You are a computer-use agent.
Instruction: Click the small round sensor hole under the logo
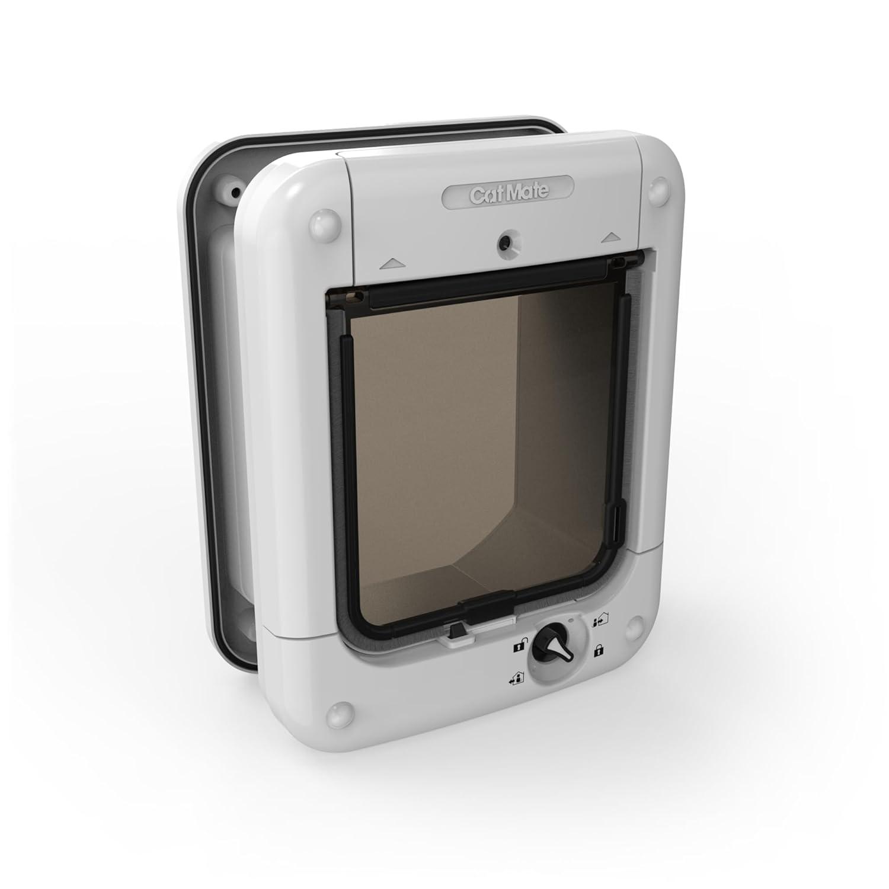pos(506,241)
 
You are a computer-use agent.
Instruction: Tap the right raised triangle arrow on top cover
pos(610,238)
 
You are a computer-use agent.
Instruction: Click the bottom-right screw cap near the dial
pos(634,625)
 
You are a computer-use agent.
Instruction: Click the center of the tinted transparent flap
pos(485,450)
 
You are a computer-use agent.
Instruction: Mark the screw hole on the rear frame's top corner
pos(235,191)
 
